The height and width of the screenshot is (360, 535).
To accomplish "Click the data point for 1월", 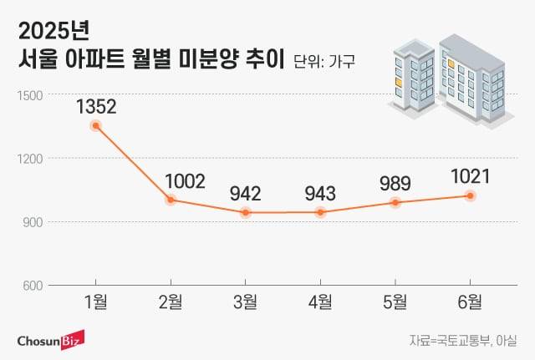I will pyautogui.click(x=96, y=125).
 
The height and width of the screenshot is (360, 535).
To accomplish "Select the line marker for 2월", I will pyautogui.click(x=171, y=200).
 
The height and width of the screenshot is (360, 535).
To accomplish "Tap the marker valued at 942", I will pyautogui.click(x=246, y=212).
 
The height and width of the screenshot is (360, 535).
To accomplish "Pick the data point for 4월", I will pyautogui.click(x=320, y=212).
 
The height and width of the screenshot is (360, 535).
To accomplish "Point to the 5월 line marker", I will pyautogui.click(x=395, y=202).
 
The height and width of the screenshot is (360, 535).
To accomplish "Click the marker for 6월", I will pyautogui.click(x=470, y=195).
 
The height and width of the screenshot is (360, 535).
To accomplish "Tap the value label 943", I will pyautogui.click(x=320, y=193).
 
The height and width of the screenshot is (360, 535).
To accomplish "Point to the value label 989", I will pyautogui.click(x=395, y=183).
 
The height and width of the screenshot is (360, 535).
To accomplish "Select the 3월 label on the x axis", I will pyautogui.click(x=246, y=302).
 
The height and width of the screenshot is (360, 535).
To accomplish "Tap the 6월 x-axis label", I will pyautogui.click(x=470, y=302).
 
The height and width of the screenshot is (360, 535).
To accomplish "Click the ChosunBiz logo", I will pyautogui.click(x=56, y=340).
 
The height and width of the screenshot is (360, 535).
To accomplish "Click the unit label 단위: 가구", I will pyautogui.click(x=324, y=61).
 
